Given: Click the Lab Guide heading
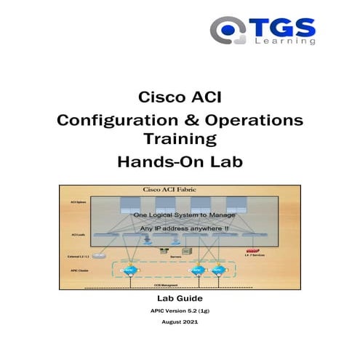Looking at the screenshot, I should point(180,299).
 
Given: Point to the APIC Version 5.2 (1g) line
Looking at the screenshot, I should point(180,311).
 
